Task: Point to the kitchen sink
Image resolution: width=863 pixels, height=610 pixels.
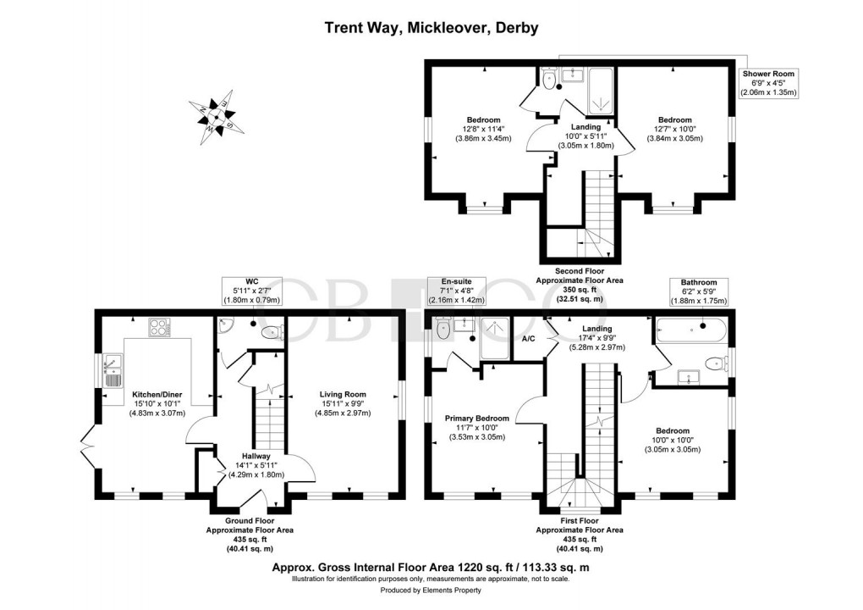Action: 112,370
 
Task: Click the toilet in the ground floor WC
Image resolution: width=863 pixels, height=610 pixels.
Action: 272,331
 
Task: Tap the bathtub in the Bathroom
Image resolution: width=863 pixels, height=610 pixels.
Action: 691,326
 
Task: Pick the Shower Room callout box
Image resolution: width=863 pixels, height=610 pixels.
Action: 769,83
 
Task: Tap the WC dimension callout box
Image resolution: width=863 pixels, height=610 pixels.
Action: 250,290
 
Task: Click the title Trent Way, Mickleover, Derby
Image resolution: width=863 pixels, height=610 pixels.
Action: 431,27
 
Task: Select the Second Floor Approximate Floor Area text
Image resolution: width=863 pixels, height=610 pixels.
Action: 580,287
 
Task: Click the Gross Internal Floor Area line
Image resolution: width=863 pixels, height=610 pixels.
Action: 431,568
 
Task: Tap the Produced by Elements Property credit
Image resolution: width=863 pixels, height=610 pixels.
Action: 431,591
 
